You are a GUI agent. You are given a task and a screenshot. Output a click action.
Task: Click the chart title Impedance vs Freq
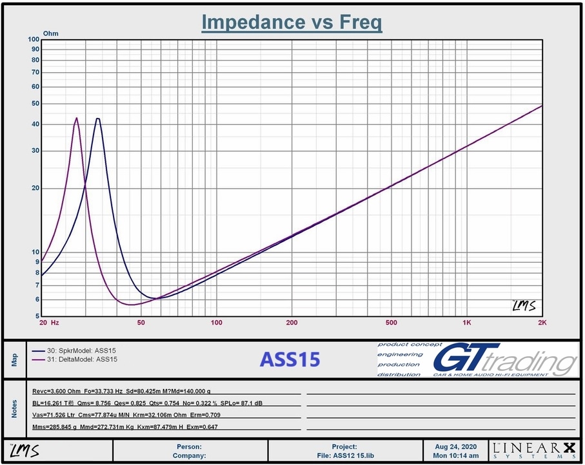(292, 22)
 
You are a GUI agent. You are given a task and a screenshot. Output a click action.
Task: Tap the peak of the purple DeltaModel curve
(77, 119)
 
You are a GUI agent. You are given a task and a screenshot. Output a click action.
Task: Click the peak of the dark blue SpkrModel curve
(97, 119)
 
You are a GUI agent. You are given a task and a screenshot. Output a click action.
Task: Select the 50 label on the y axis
(35, 104)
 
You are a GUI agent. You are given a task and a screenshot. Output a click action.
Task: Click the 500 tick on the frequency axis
(391, 322)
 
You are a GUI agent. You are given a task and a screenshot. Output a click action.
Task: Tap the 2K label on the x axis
(542, 322)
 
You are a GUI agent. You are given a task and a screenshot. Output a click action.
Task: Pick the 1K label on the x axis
(466, 322)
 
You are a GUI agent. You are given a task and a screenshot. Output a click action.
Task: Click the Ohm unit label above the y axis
(50, 33)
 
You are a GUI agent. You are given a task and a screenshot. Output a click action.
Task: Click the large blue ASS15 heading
(290, 359)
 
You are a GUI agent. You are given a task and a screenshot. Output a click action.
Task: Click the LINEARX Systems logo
(532, 450)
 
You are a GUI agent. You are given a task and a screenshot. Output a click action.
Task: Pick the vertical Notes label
(14, 409)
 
